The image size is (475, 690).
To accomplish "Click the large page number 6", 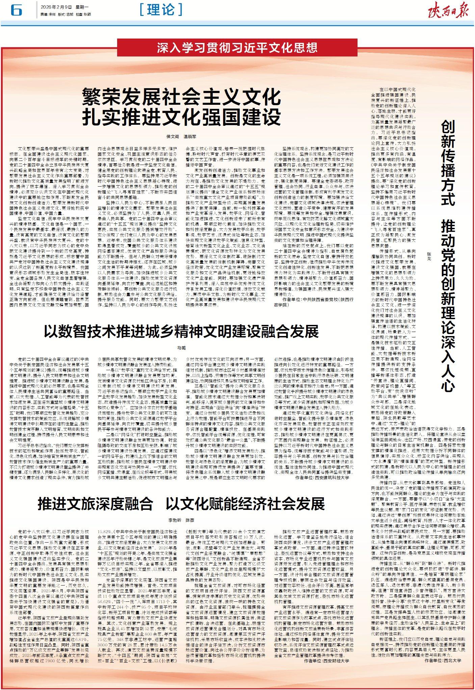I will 16,10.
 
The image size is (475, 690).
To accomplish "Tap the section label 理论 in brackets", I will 161,10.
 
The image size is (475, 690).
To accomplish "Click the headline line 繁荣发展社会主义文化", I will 182,97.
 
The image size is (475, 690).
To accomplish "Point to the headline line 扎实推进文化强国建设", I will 182,117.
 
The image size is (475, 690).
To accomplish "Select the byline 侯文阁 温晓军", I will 181,137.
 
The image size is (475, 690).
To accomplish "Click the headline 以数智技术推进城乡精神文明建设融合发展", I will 181,331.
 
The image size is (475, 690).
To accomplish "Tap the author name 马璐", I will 181,348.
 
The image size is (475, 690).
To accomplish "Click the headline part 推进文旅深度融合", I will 95,504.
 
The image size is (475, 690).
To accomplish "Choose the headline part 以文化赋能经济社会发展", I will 245,504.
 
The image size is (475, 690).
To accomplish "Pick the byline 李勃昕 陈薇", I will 181,520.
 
